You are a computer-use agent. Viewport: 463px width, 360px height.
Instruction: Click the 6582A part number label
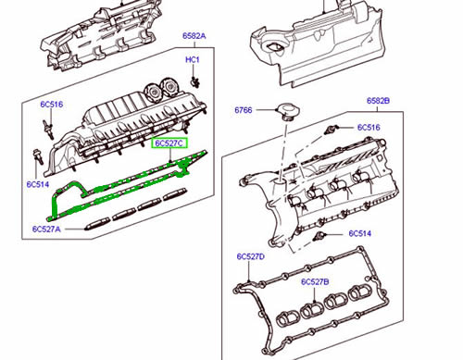pos(194,36)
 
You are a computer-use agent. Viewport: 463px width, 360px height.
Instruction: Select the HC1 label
pos(193,60)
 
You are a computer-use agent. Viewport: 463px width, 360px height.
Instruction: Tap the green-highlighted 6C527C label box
pos(169,143)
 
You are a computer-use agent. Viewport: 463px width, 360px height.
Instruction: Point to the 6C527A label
pos(45,229)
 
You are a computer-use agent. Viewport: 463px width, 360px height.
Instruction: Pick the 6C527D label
pos(250,255)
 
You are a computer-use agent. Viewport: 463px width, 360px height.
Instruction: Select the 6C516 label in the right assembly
pos(369,127)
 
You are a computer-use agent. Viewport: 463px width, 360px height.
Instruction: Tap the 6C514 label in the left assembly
pos(37,184)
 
